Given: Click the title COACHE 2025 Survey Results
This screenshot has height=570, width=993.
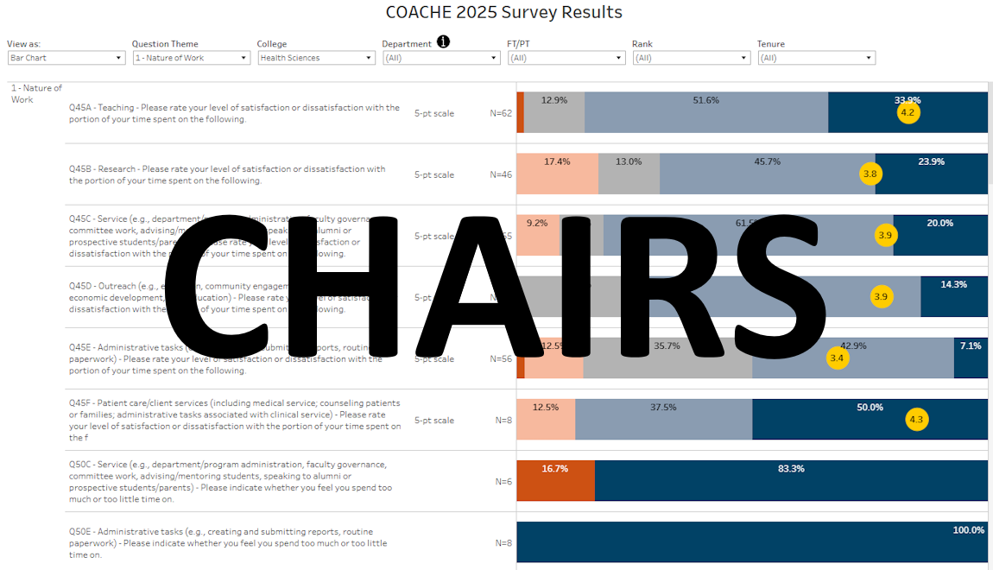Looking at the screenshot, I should coord(504,13).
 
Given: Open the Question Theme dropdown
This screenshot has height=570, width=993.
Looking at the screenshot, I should coord(191,58).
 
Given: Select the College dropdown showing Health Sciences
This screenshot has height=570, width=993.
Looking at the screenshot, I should coord(316,58).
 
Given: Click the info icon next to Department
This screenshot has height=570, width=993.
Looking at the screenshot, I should coord(443,42).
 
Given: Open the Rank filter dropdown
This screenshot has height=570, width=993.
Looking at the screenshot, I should coord(691,58).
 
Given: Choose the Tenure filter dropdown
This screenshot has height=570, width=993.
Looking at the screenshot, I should coord(816,58).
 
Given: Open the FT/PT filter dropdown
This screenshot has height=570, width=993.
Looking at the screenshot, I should coord(566,58).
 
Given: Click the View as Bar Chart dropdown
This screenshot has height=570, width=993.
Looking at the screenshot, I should coord(66,58).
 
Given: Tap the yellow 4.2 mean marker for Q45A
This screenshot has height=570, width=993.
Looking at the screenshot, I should coord(908,113).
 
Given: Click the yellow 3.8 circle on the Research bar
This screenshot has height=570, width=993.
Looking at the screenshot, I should coord(870,174).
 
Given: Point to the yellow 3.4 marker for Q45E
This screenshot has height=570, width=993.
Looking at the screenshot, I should coord(837,358).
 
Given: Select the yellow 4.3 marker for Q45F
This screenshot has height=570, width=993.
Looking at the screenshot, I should coord(916,420).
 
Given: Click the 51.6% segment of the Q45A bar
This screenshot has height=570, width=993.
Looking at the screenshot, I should coord(705,113).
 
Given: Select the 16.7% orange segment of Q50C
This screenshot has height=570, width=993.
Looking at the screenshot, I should coord(555,481).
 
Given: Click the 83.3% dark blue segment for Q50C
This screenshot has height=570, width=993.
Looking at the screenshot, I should coord(790,481).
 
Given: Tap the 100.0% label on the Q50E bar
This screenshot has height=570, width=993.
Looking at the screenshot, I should coord(968,530).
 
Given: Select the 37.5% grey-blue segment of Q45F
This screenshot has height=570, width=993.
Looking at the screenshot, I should coord(663,420).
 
